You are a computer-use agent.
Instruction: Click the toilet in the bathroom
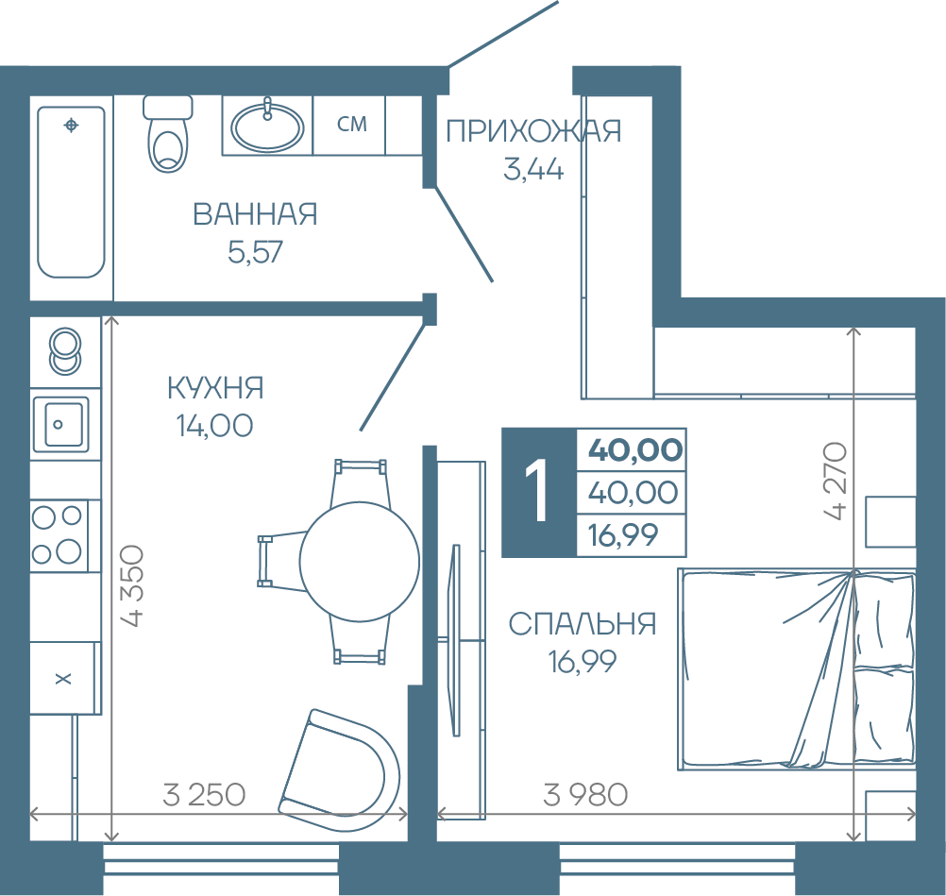168,133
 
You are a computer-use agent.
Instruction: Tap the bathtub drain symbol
71,126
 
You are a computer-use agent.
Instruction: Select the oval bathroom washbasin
268,127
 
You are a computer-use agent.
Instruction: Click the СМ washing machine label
352,124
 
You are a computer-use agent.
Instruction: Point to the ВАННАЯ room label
255,214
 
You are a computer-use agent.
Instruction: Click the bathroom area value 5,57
255,251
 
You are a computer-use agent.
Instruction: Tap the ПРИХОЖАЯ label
533,131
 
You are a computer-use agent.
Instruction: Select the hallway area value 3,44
533,169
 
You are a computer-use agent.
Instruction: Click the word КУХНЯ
215,388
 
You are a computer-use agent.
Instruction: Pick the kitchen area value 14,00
214,426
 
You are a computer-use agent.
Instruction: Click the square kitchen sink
61,424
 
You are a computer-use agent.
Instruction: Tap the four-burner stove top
59,535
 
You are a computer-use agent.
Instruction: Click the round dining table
360,562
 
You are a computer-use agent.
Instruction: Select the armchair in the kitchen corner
339,769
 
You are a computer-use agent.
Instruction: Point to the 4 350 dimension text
133,586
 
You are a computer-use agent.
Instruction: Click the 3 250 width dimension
204,795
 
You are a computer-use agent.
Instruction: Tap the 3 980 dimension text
585,795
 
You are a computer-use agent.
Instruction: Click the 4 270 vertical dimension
836,481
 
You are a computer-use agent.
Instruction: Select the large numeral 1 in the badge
536,490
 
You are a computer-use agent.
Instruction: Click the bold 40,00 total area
635,450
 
